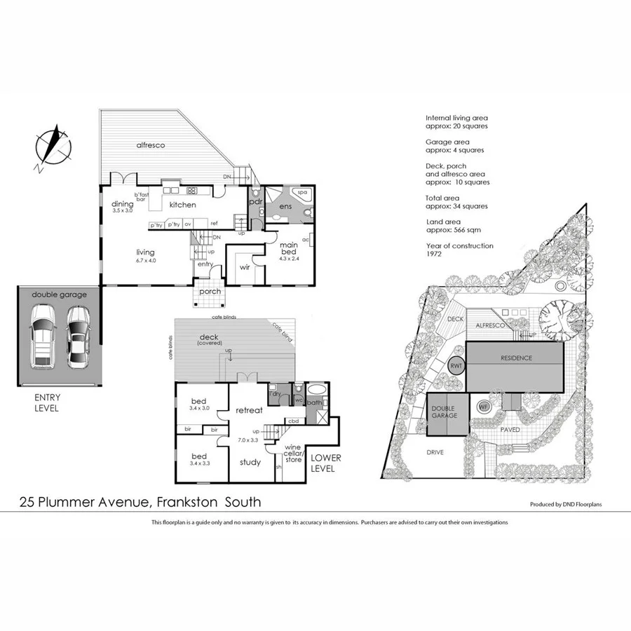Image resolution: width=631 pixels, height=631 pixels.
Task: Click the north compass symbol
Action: tap(52, 148)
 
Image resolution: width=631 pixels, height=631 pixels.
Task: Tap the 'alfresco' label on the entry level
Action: tap(150, 145)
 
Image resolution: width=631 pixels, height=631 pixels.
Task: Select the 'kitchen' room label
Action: tap(182, 205)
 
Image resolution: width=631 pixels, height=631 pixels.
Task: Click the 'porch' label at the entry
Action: tap(210, 291)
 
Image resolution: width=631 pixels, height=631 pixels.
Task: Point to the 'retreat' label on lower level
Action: tap(248, 409)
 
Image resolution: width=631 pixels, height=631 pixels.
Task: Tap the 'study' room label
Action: tap(250, 462)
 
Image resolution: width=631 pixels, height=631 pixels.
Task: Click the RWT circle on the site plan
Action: tap(456, 365)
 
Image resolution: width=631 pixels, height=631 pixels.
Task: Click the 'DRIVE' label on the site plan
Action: tap(435, 452)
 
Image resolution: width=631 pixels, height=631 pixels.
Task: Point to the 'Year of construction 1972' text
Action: tap(459, 250)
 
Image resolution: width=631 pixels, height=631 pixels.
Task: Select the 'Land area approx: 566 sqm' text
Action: tap(454, 225)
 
